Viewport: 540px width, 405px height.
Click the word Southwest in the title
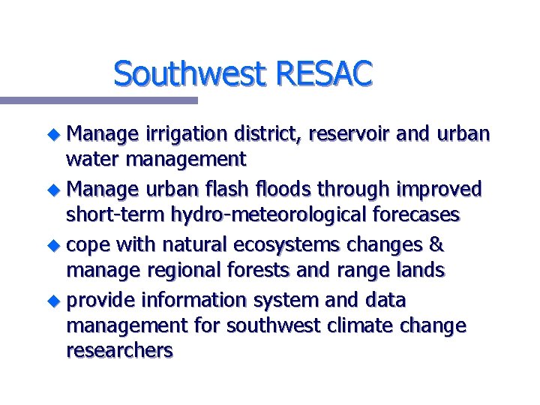191,74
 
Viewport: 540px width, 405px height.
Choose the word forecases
412,216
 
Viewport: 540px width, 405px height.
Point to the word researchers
119,351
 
